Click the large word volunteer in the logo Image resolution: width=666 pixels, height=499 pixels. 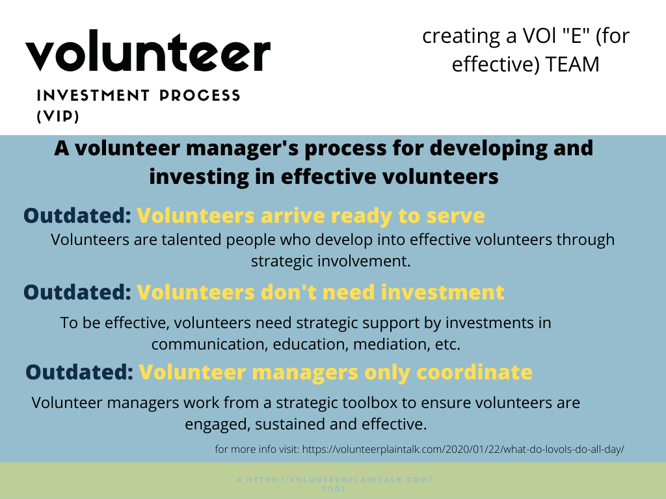148,51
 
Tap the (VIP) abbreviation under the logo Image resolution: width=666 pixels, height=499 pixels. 58,116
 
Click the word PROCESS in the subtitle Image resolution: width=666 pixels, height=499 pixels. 200,96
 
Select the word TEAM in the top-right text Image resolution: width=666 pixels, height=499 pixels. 572,64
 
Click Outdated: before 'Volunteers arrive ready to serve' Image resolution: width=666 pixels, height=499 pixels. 77,215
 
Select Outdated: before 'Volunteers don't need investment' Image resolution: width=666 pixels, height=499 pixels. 77,292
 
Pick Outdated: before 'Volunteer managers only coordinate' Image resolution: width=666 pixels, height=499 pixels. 79,372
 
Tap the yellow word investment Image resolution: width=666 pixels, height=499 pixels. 442,292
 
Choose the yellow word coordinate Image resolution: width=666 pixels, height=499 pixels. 474,372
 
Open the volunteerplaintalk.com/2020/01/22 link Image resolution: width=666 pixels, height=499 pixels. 463,450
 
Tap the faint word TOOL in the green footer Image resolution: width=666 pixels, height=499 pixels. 334,489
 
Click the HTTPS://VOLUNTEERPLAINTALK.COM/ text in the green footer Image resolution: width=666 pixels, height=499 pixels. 339,480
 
